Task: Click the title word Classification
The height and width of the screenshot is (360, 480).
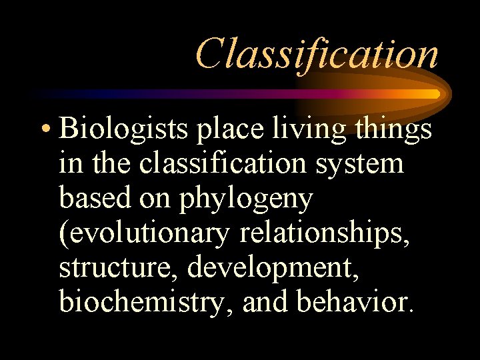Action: coord(317,53)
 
